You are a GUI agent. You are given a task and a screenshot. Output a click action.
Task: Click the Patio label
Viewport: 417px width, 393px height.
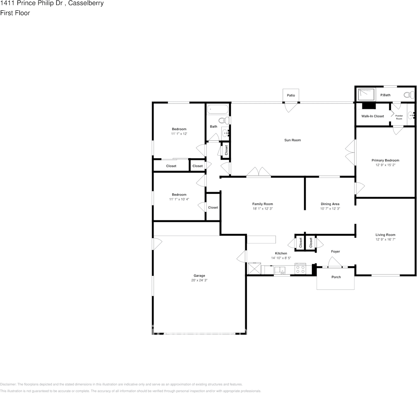[x=291, y=96]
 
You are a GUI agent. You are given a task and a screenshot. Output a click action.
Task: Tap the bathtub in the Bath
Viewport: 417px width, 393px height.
[x=218, y=110]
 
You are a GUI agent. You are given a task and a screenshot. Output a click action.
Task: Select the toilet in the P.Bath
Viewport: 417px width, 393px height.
[x=409, y=95]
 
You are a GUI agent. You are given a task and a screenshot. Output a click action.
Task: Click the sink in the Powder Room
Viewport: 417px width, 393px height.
[x=411, y=116]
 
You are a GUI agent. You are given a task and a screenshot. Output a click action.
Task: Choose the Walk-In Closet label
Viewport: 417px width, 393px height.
[x=372, y=116]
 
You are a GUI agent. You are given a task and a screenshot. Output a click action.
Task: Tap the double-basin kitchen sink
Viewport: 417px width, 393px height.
[x=281, y=270]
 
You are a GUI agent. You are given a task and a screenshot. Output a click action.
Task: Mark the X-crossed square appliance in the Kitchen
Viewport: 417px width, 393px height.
[x=254, y=269]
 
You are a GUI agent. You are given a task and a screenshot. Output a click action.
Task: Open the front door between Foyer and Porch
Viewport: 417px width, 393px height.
[x=334, y=263]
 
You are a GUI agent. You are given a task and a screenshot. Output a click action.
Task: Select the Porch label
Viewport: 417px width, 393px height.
[x=336, y=277]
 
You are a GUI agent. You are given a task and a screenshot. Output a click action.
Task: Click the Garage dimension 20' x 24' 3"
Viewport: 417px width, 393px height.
[x=199, y=280]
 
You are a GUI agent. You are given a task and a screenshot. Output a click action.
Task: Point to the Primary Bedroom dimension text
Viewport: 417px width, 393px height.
[x=385, y=165]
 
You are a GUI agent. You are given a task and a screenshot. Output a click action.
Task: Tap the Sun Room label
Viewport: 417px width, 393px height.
[x=292, y=140]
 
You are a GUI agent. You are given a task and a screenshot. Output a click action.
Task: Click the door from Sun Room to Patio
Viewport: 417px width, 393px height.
[x=291, y=106]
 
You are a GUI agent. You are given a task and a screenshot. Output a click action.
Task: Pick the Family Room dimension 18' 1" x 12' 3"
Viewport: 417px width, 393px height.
[x=263, y=209]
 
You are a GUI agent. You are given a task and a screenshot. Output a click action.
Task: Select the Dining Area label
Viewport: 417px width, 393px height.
[x=330, y=204]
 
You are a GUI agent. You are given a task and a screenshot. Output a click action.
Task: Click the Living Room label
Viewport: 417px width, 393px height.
[x=385, y=235]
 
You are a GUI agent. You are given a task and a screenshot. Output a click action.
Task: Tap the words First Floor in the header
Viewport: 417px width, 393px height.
[x=15, y=13]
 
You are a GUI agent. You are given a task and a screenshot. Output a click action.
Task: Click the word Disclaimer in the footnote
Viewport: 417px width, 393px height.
[x=8, y=384]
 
